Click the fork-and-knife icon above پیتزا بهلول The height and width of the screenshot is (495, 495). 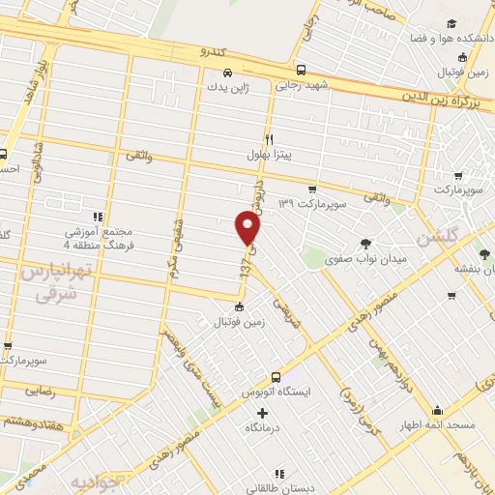(270, 139)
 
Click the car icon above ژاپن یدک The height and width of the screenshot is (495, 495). (226, 72)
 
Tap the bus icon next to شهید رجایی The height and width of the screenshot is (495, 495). (302, 70)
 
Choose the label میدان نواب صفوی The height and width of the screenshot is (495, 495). (365, 259)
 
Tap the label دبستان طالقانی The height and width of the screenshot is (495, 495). (278, 489)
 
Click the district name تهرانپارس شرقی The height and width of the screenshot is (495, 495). (47, 287)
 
